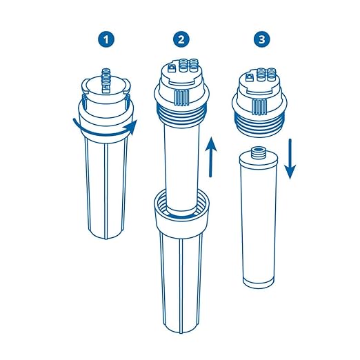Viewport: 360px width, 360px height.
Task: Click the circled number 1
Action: click(x=106, y=40)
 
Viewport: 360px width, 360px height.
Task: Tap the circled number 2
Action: click(x=181, y=40)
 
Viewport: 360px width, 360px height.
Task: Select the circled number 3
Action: click(x=261, y=40)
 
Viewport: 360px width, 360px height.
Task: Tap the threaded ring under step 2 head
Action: click(x=180, y=114)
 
